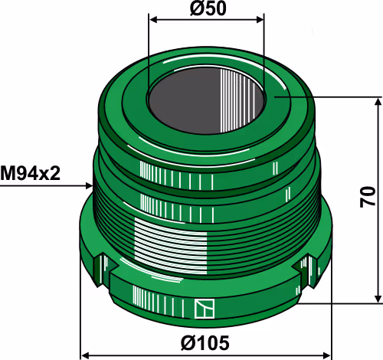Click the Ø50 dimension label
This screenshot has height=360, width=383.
pyautogui.click(x=208, y=8)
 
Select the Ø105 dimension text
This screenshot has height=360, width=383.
pyautogui.click(x=205, y=343)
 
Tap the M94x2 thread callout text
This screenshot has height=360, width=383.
pyautogui.click(x=30, y=173)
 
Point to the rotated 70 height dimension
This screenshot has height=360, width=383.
pyautogui.click(x=368, y=197)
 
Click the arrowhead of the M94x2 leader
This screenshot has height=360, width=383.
pyautogui.click(x=89, y=186)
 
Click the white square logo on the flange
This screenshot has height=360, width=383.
pyautogui.click(x=205, y=309)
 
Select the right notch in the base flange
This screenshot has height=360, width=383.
pyautogui.click(x=306, y=270)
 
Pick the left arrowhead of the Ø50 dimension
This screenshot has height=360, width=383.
pyautogui.click(x=154, y=20)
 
